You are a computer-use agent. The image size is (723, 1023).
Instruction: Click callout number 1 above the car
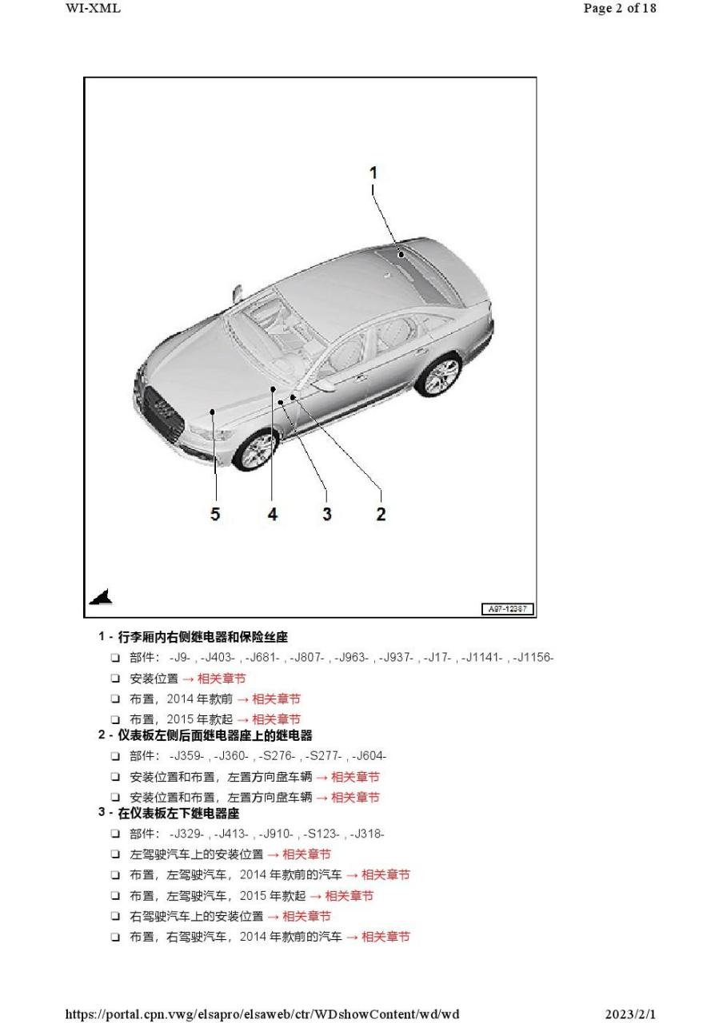[x=373, y=173]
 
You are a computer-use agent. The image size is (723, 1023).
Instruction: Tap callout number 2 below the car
[x=381, y=514]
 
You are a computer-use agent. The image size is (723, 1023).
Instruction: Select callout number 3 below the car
[x=326, y=514]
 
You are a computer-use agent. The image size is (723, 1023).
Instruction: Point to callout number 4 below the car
[x=273, y=514]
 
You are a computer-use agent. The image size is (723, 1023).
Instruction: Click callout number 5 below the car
[x=215, y=514]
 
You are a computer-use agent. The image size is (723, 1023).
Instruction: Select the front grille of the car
[x=163, y=409]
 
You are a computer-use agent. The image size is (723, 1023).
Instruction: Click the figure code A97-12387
[x=508, y=610]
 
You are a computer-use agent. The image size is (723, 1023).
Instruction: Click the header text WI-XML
[x=93, y=9]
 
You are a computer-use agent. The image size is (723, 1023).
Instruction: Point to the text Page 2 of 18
[x=621, y=9]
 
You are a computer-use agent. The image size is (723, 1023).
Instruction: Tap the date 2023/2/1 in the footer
[x=630, y=1014]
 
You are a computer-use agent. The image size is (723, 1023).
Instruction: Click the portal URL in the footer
[x=262, y=1014]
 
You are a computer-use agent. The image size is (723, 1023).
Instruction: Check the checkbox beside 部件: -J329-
[x=116, y=834]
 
